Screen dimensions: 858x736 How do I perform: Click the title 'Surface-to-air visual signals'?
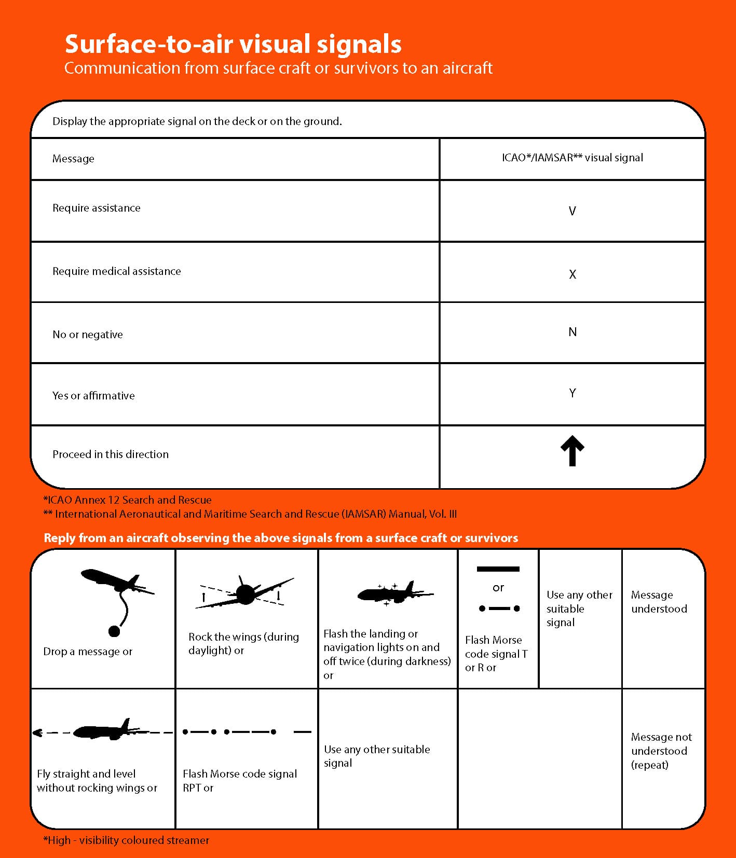(x=233, y=44)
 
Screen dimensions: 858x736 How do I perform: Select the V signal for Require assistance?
(x=572, y=211)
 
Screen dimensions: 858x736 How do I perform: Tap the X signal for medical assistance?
(x=572, y=274)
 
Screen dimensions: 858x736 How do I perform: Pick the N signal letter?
(x=572, y=332)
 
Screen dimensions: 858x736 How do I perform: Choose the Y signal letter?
(x=572, y=393)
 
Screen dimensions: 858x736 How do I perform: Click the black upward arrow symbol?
(x=572, y=451)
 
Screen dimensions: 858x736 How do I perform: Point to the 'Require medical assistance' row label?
(x=117, y=271)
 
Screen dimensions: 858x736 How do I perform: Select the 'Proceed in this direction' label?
(x=111, y=454)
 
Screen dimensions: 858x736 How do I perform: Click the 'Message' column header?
(x=73, y=159)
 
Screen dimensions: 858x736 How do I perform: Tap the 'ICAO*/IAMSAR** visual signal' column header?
(x=572, y=158)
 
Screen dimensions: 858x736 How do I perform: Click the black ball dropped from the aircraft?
(x=114, y=631)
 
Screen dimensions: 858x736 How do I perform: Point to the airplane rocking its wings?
(x=244, y=593)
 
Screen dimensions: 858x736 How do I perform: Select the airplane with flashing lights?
(x=394, y=593)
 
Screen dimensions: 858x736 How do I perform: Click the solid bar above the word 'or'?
(x=498, y=569)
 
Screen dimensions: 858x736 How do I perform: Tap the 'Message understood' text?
(x=659, y=602)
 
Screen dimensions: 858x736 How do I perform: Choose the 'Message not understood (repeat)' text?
(x=661, y=751)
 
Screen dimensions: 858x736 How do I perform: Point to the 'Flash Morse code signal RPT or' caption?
(x=239, y=781)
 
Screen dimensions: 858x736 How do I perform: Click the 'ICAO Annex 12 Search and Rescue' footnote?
(x=128, y=500)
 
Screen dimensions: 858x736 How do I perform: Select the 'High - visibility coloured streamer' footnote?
(x=126, y=840)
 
